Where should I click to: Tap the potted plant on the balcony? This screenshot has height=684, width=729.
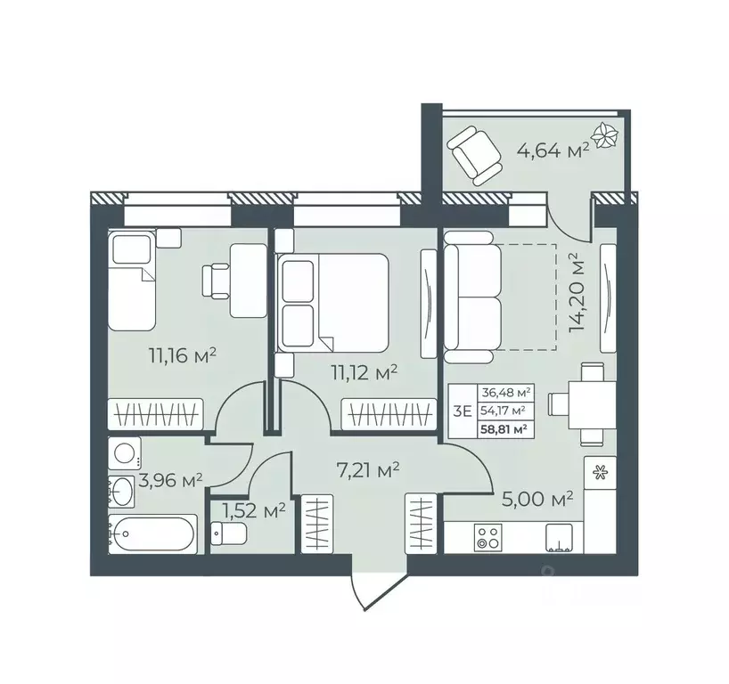pos(606,136)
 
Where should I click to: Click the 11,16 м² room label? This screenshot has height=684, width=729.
pos(184,357)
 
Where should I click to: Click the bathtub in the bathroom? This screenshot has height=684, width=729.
pos(152,534)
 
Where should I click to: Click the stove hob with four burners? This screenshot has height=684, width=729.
pos(487,537)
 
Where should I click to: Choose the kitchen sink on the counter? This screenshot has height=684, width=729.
pos(560,534)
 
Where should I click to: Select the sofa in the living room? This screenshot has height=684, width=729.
pos(474,297)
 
